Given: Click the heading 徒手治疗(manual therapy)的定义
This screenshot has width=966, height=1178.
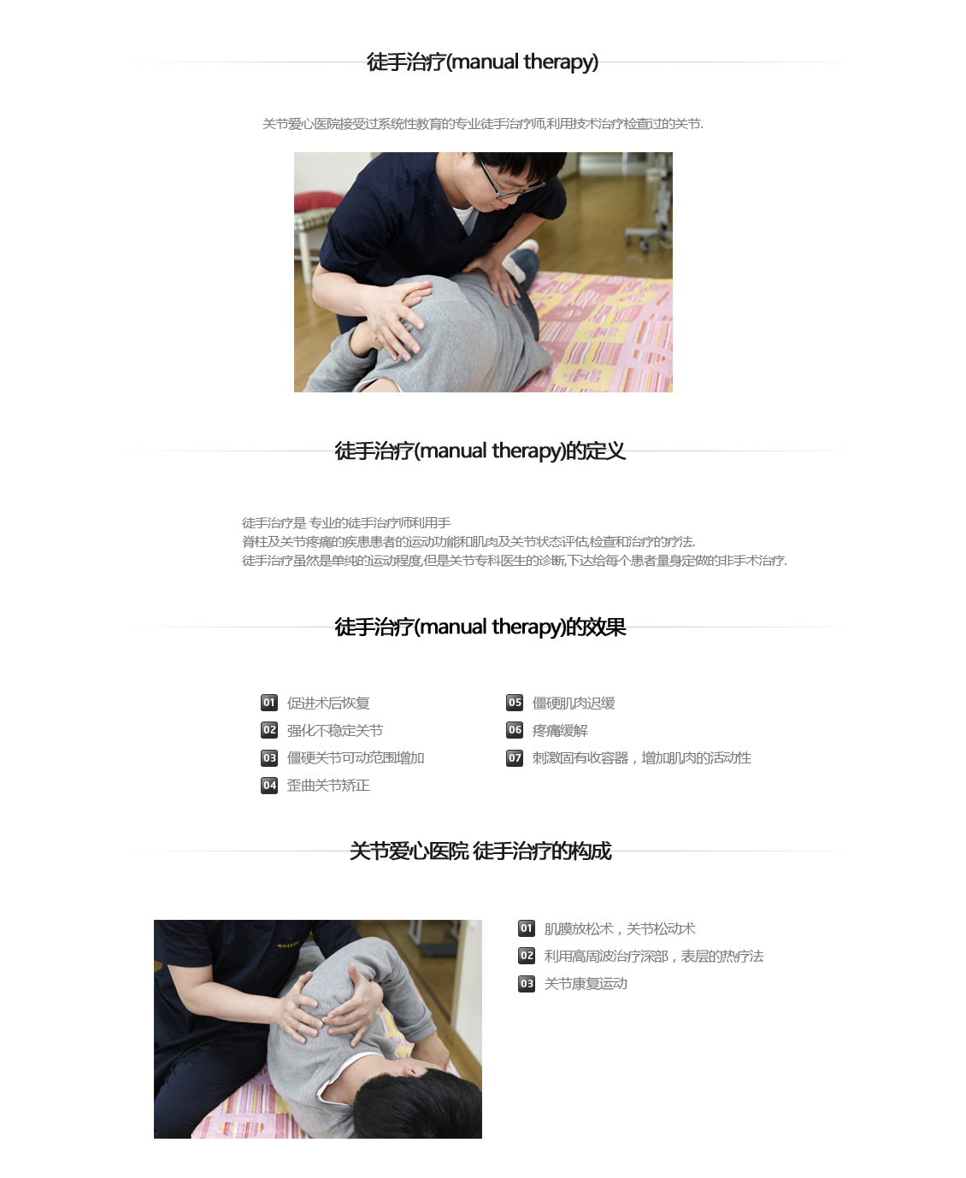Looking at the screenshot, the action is (x=480, y=451).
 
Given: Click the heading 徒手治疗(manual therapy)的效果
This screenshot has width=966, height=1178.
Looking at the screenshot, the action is (x=480, y=627).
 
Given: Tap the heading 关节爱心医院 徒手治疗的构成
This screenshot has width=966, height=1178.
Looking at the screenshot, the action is (x=480, y=851).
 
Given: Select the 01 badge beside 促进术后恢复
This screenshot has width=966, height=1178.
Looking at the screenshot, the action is (x=269, y=703).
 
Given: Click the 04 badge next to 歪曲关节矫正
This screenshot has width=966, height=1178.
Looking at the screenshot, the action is (x=269, y=786).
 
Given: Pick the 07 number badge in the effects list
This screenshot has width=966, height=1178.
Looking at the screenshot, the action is (x=515, y=758).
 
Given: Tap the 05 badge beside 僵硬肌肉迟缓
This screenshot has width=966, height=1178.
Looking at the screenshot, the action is (x=515, y=703).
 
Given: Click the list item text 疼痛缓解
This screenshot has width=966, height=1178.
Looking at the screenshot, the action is (x=560, y=731).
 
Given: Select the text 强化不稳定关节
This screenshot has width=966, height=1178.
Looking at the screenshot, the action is (x=334, y=731).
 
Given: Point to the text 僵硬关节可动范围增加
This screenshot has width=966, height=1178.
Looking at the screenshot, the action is (x=356, y=758).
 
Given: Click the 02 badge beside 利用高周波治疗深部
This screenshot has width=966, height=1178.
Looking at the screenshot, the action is (x=527, y=956).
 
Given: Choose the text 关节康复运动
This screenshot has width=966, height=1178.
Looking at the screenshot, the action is (x=586, y=984).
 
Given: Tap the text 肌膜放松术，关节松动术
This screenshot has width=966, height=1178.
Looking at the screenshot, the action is (x=620, y=929).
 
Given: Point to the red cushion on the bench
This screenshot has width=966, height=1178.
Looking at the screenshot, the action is (x=318, y=201).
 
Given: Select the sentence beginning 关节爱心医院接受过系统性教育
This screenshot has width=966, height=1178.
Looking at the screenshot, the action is (x=483, y=124).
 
